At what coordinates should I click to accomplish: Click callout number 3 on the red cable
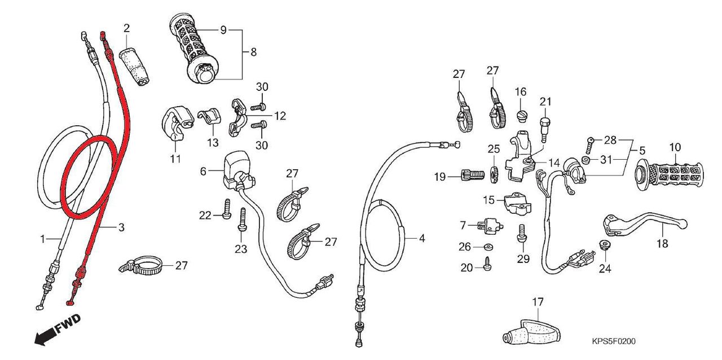[120, 227]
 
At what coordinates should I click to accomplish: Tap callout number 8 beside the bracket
[253, 52]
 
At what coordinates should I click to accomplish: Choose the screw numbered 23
[243, 220]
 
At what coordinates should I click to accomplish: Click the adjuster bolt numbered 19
[471, 177]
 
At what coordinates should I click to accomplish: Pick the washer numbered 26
[487, 247]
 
